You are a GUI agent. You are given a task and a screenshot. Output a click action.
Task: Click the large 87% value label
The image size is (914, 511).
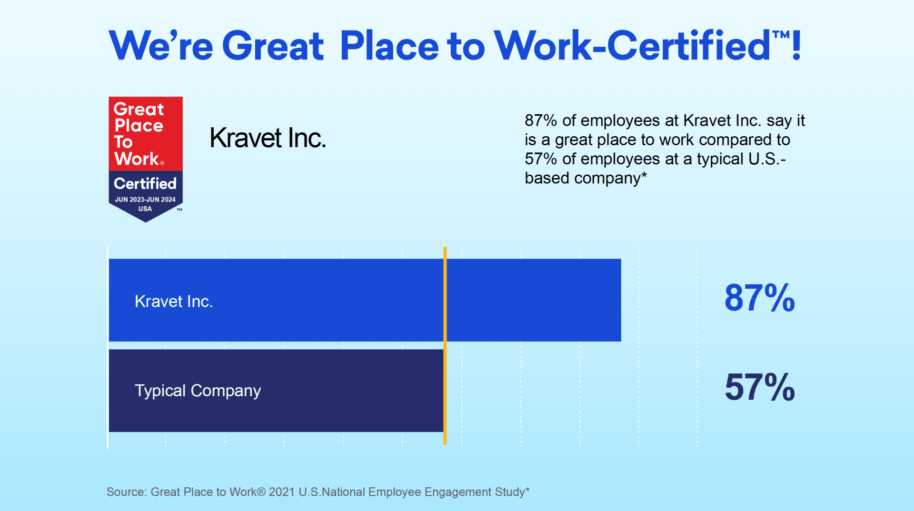pyautogui.click(x=760, y=298)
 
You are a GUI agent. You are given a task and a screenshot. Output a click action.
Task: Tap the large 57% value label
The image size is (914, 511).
pyautogui.click(x=760, y=387)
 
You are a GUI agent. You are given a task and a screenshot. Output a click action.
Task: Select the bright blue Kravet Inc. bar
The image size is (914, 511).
pyautogui.click(x=365, y=300)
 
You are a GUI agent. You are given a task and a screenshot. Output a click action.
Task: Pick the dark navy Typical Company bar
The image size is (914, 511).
pyautogui.click(x=277, y=391)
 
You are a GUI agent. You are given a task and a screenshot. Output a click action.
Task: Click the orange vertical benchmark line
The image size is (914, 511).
pyautogui.click(x=445, y=346)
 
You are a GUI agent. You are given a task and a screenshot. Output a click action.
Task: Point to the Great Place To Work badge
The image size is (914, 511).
pyautogui.click(x=146, y=159)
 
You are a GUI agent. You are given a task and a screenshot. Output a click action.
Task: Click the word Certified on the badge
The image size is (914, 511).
pyautogui.click(x=145, y=183)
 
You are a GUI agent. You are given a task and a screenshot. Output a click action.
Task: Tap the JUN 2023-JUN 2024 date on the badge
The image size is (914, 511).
pyautogui.click(x=145, y=200)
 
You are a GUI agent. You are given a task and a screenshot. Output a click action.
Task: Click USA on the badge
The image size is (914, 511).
pyautogui.click(x=145, y=209)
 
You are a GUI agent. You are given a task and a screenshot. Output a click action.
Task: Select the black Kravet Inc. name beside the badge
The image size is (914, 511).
pyautogui.click(x=268, y=138)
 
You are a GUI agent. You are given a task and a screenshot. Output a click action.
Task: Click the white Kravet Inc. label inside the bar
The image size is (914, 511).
pyautogui.click(x=174, y=301)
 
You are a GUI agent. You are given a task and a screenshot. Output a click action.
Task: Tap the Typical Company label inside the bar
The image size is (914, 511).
pyautogui.click(x=198, y=391)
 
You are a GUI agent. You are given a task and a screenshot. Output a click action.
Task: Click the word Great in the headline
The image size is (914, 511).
pyautogui.click(x=273, y=46)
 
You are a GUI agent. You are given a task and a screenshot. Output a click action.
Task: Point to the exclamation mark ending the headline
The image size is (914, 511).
pyautogui.click(x=796, y=45)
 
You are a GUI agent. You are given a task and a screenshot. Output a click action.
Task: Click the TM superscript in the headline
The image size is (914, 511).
pyautogui.click(x=781, y=34)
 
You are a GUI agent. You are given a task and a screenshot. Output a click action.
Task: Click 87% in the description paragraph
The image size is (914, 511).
pyautogui.click(x=541, y=120)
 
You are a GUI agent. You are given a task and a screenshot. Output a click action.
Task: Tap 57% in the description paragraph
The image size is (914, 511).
pyautogui.click(x=541, y=159)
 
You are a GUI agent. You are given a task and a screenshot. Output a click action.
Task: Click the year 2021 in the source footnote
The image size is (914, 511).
pyautogui.click(x=282, y=492)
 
